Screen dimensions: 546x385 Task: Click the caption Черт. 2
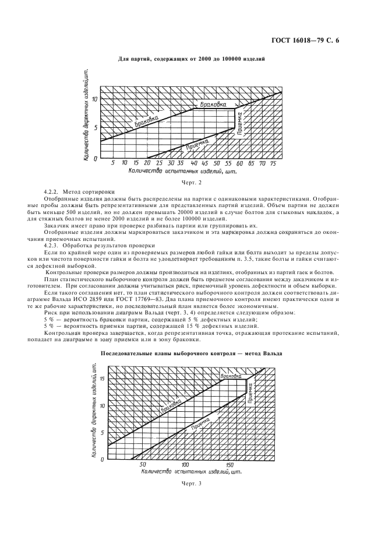[192, 183]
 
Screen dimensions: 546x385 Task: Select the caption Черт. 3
[192, 483]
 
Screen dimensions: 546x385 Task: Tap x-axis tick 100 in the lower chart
[185, 464]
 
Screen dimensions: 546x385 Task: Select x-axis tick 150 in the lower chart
[229, 464]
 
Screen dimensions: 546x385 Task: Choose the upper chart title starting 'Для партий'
[192, 59]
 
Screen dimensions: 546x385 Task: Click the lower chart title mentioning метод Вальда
[192, 353]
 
